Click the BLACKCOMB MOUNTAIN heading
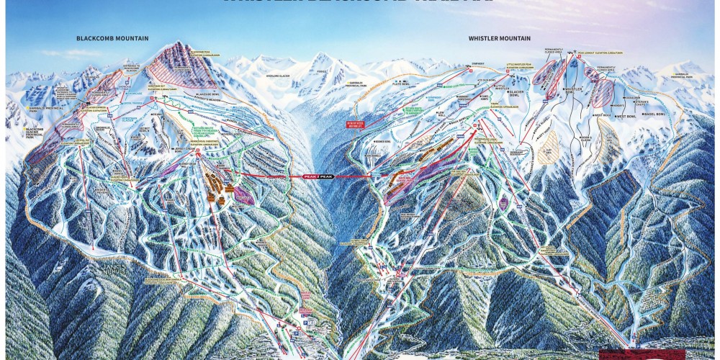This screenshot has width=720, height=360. (x=109, y=37)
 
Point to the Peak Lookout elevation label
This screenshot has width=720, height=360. (x=595, y=54)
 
